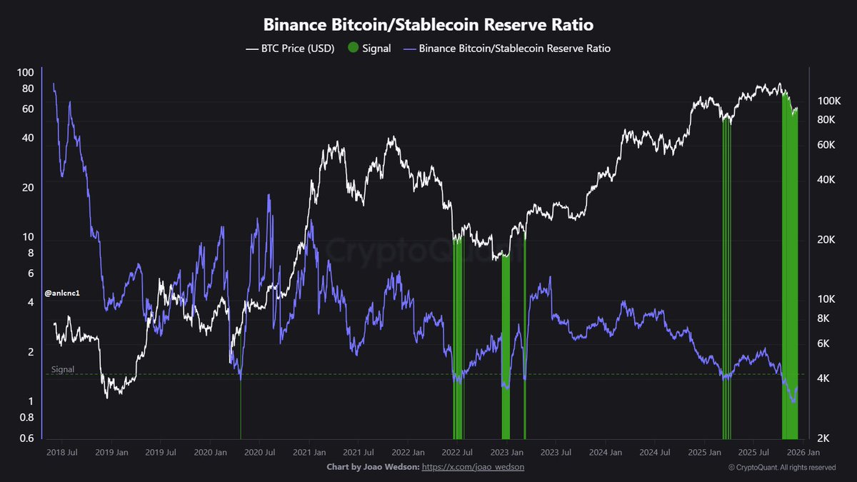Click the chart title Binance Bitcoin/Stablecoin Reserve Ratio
coord(428,25)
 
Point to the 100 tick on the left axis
coord(26,72)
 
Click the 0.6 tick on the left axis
coord(27,438)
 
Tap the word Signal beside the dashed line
coord(63,370)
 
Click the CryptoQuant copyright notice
coord(782,467)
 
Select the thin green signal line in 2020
coord(241,414)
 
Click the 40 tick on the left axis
coord(28,137)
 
